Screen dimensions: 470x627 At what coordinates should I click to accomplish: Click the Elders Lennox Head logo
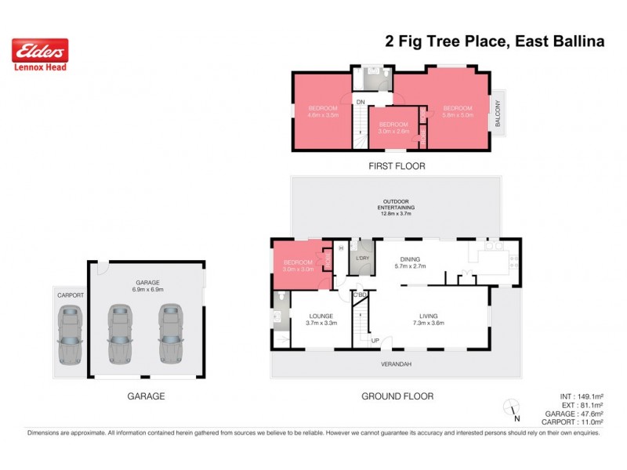pyautogui.click(x=40, y=55)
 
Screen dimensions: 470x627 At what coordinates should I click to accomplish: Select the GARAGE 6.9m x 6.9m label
pyautogui.click(x=147, y=286)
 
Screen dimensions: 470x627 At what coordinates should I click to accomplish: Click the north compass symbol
pyautogui.click(x=512, y=407)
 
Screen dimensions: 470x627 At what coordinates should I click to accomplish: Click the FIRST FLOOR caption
pyautogui.click(x=397, y=166)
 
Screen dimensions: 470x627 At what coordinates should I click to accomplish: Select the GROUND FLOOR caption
pyautogui.click(x=397, y=396)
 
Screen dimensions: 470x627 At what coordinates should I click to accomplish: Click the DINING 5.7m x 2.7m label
pyautogui.click(x=412, y=263)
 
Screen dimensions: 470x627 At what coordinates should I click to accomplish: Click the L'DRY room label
pyautogui.click(x=362, y=258)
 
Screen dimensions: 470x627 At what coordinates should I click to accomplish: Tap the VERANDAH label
pyautogui.click(x=396, y=363)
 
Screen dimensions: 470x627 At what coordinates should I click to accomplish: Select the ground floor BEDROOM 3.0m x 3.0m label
pyautogui.click(x=298, y=266)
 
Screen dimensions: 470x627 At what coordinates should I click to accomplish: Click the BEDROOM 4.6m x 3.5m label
pyautogui.click(x=323, y=111)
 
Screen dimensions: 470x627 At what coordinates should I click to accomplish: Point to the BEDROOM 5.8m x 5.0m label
pyautogui.click(x=457, y=111)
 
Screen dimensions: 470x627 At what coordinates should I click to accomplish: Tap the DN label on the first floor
pyautogui.click(x=361, y=103)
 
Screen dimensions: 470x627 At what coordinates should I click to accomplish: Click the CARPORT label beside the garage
pyautogui.click(x=69, y=295)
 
